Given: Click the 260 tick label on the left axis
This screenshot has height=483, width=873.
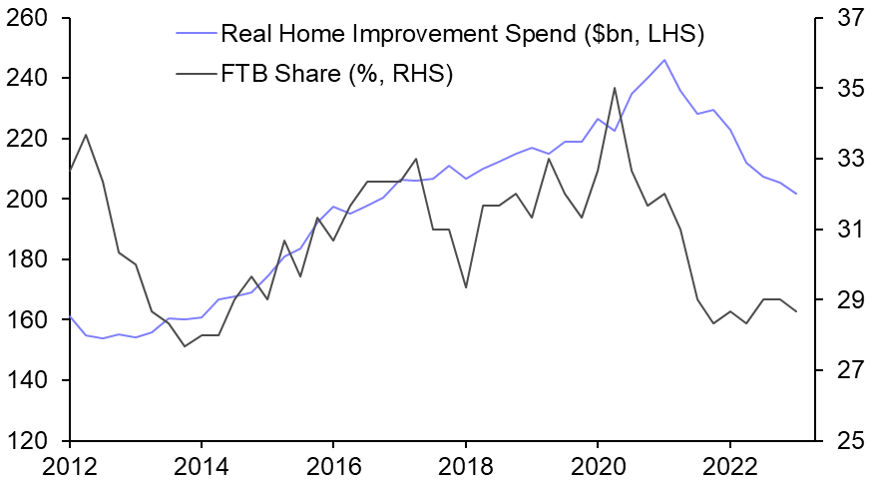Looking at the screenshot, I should [x=30, y=18].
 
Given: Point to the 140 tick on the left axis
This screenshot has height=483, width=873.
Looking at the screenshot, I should [x=30, y=380].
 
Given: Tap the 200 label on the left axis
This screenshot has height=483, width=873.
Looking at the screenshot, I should [x=30, y=200].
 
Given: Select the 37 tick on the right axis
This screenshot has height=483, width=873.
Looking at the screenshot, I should [x=844, y=18].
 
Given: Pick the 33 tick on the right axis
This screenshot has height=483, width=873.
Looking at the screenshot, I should [x=844, y=159].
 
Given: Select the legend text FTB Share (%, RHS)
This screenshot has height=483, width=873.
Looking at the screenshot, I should [x=337, y=75].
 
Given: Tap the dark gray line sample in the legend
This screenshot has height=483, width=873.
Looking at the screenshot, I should [x=191, y=75].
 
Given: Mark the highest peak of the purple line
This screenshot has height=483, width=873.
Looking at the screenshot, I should [x=664, y=60].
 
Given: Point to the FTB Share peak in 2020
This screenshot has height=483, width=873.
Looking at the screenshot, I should [x=615, y=88].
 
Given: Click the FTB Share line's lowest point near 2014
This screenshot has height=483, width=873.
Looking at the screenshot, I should [x=185, y=346].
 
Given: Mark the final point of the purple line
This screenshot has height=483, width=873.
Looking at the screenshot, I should [x=796, y=194].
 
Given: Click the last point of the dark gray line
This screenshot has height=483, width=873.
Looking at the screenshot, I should [x=796, y=312].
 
